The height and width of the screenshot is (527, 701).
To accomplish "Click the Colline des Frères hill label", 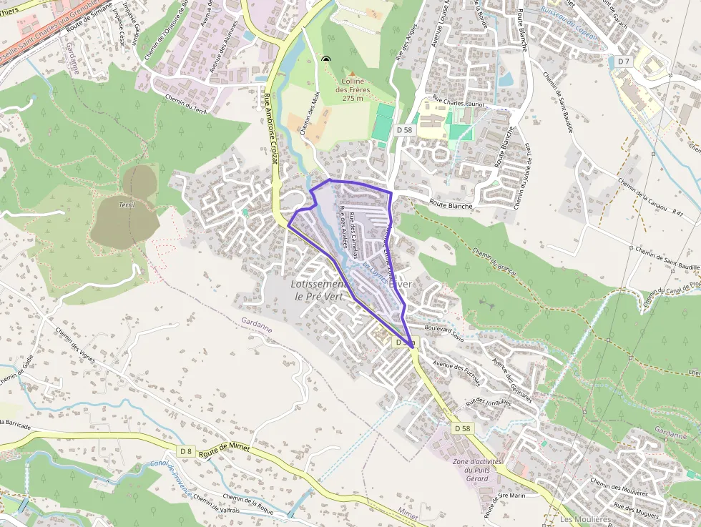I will click(x=353, y=90).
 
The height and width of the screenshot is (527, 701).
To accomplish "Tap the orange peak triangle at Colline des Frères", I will click(x=352, y=74).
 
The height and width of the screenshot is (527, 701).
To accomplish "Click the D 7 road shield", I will click(x=624, y=61).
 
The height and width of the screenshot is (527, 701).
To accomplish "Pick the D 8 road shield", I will click(x=186, y=450).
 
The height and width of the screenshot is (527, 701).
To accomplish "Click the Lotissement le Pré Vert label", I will click(x=318, y=290).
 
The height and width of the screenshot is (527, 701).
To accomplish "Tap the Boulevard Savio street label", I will click(x=443, y=333).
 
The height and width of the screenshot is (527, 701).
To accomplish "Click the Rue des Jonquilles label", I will click(x=489, y=403).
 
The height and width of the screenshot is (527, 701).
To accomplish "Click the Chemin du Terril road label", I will click(x=185, y=104).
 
